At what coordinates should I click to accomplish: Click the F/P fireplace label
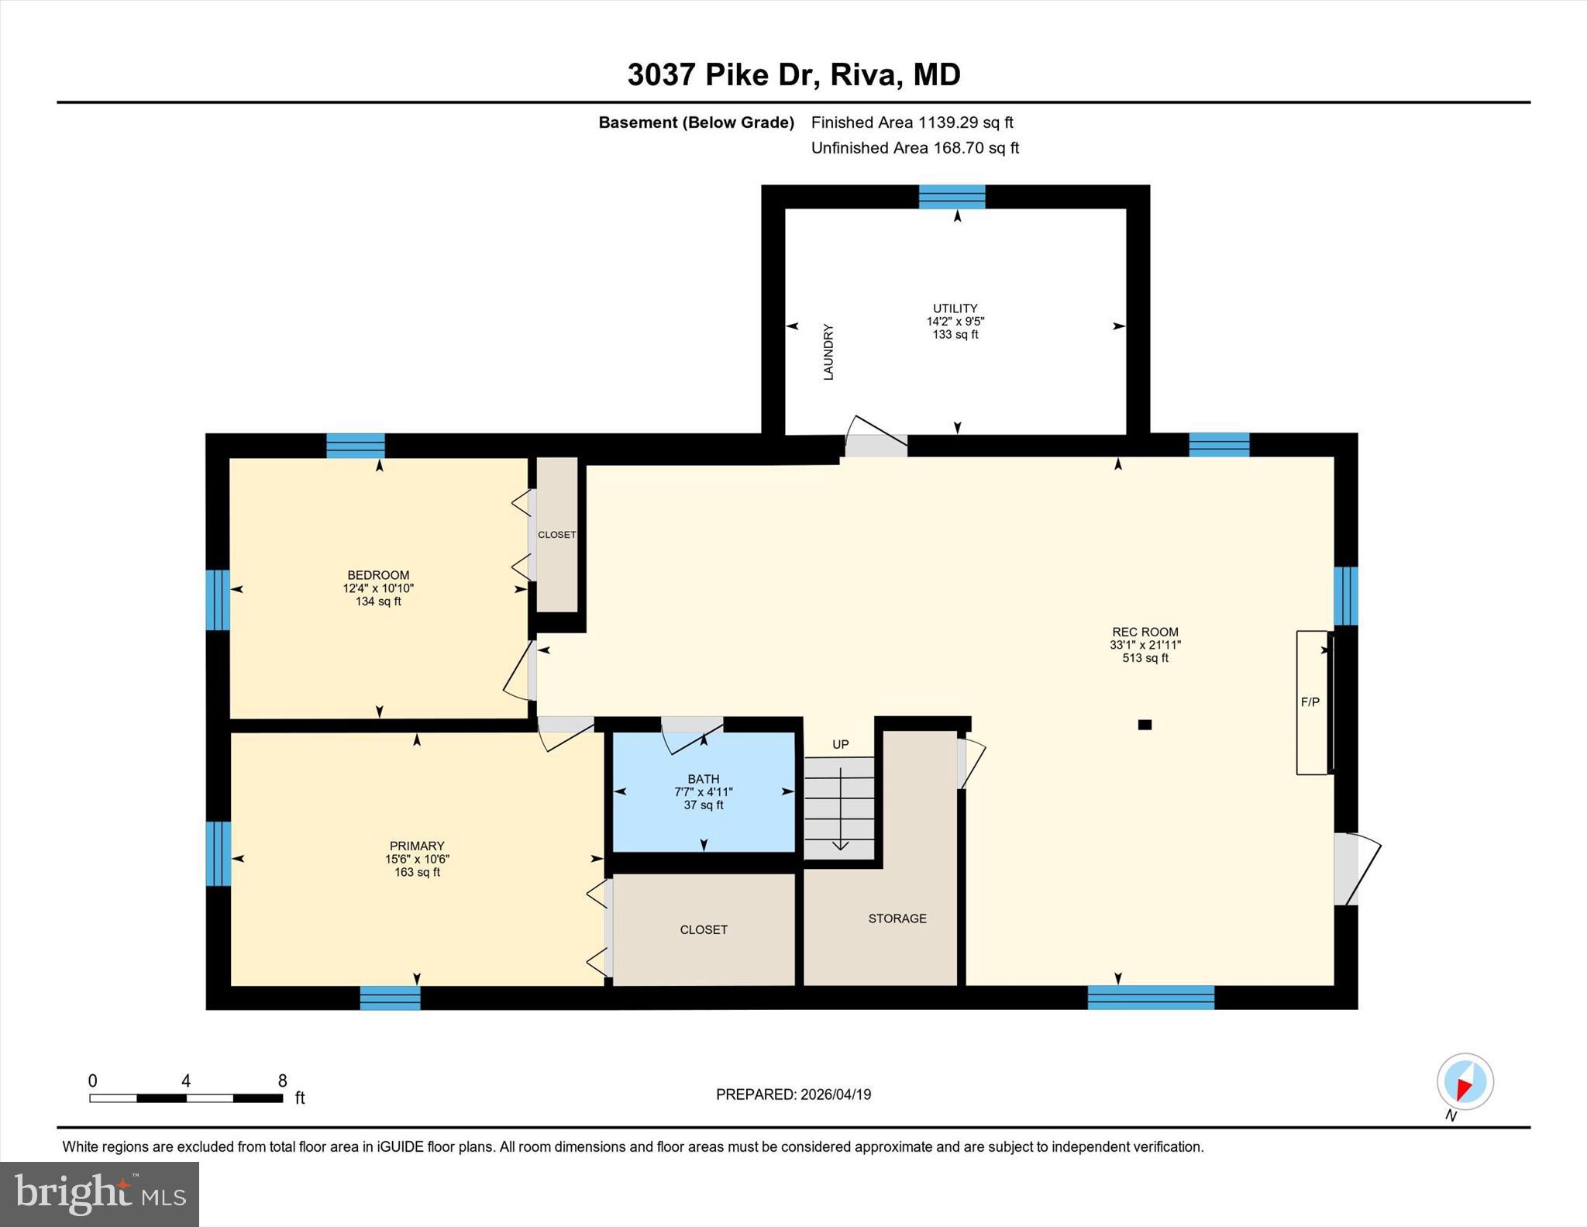[1310, 702]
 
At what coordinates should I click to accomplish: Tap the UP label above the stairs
[841, 744]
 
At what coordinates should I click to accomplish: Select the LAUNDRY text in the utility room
[828, 352]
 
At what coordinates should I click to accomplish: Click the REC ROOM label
[1145, 632]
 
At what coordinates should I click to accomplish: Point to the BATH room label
[704, 779]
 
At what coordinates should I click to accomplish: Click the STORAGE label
[897, 919]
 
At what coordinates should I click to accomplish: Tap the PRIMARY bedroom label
[417, 846]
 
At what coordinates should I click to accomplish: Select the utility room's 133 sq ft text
[955, 335]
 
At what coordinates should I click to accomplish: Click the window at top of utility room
[952, 197]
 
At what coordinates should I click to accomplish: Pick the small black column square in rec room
[1145, 725]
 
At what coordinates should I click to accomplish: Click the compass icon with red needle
[1465, 1081]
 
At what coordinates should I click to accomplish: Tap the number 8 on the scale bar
[283, 1081]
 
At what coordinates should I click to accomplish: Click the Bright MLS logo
[99, 1194]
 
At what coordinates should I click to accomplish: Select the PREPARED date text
[793, 1094]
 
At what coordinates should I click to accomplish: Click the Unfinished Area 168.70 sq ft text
[914, 147]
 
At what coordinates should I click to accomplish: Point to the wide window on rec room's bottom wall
[1151, 998]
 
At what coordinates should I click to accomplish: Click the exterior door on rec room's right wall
[1347, 869]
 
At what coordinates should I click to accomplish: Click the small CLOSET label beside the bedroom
[557, 535]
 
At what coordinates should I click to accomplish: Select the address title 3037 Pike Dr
[793, 74]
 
